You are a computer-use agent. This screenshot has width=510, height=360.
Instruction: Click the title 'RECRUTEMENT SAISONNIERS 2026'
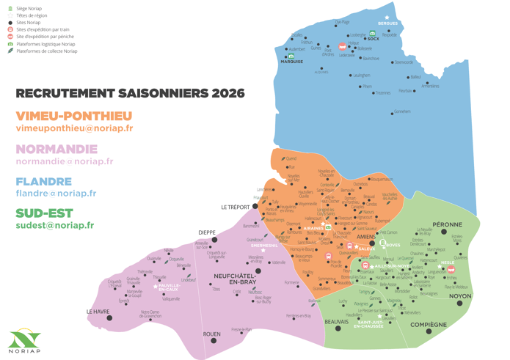pyautogui.click(x=130, y=94)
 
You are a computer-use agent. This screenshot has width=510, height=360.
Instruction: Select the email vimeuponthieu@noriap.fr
pyautogui.click(x=74, y=128)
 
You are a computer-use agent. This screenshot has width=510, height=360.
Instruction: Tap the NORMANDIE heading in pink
pyautogui.click(x=57, y=149)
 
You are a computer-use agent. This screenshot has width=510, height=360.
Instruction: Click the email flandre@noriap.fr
pyautogui.click(x=56, y=194)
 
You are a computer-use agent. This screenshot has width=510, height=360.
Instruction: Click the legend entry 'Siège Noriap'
pyautogui.click(x=29, y=9)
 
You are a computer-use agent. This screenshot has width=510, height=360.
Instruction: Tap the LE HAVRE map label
pyautogui.click(x=99, y=311)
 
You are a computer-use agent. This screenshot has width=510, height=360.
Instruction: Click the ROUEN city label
pyautogui.click(x=211, y=334)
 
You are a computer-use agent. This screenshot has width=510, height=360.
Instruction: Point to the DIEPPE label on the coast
pyautogui.click(x=207, y=232)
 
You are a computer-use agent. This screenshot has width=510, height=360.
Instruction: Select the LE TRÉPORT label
pyautogui.click(x=236, y=207)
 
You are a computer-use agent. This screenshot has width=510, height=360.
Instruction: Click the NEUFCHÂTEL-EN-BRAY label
pyautogui.click(x=233, y=278)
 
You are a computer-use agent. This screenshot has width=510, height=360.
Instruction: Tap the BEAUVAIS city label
pyautogui.click(x=338, y=321)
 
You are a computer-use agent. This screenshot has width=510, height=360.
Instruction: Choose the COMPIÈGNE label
pyautogui.click(x=429, y=324)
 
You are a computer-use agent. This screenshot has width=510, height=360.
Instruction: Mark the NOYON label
pyautogui.click(x=460, y=296)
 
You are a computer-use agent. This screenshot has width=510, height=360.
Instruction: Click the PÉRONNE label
pyautogui.click(x=447, y=224)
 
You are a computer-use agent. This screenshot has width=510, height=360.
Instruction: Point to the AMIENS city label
pyautogui.click(x=367, y=237)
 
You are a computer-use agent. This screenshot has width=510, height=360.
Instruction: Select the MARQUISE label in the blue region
pyautogui.click(x=291, y=62)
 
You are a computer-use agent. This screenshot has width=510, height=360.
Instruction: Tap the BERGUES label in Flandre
pyautogui.click(x=387, y=23)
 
